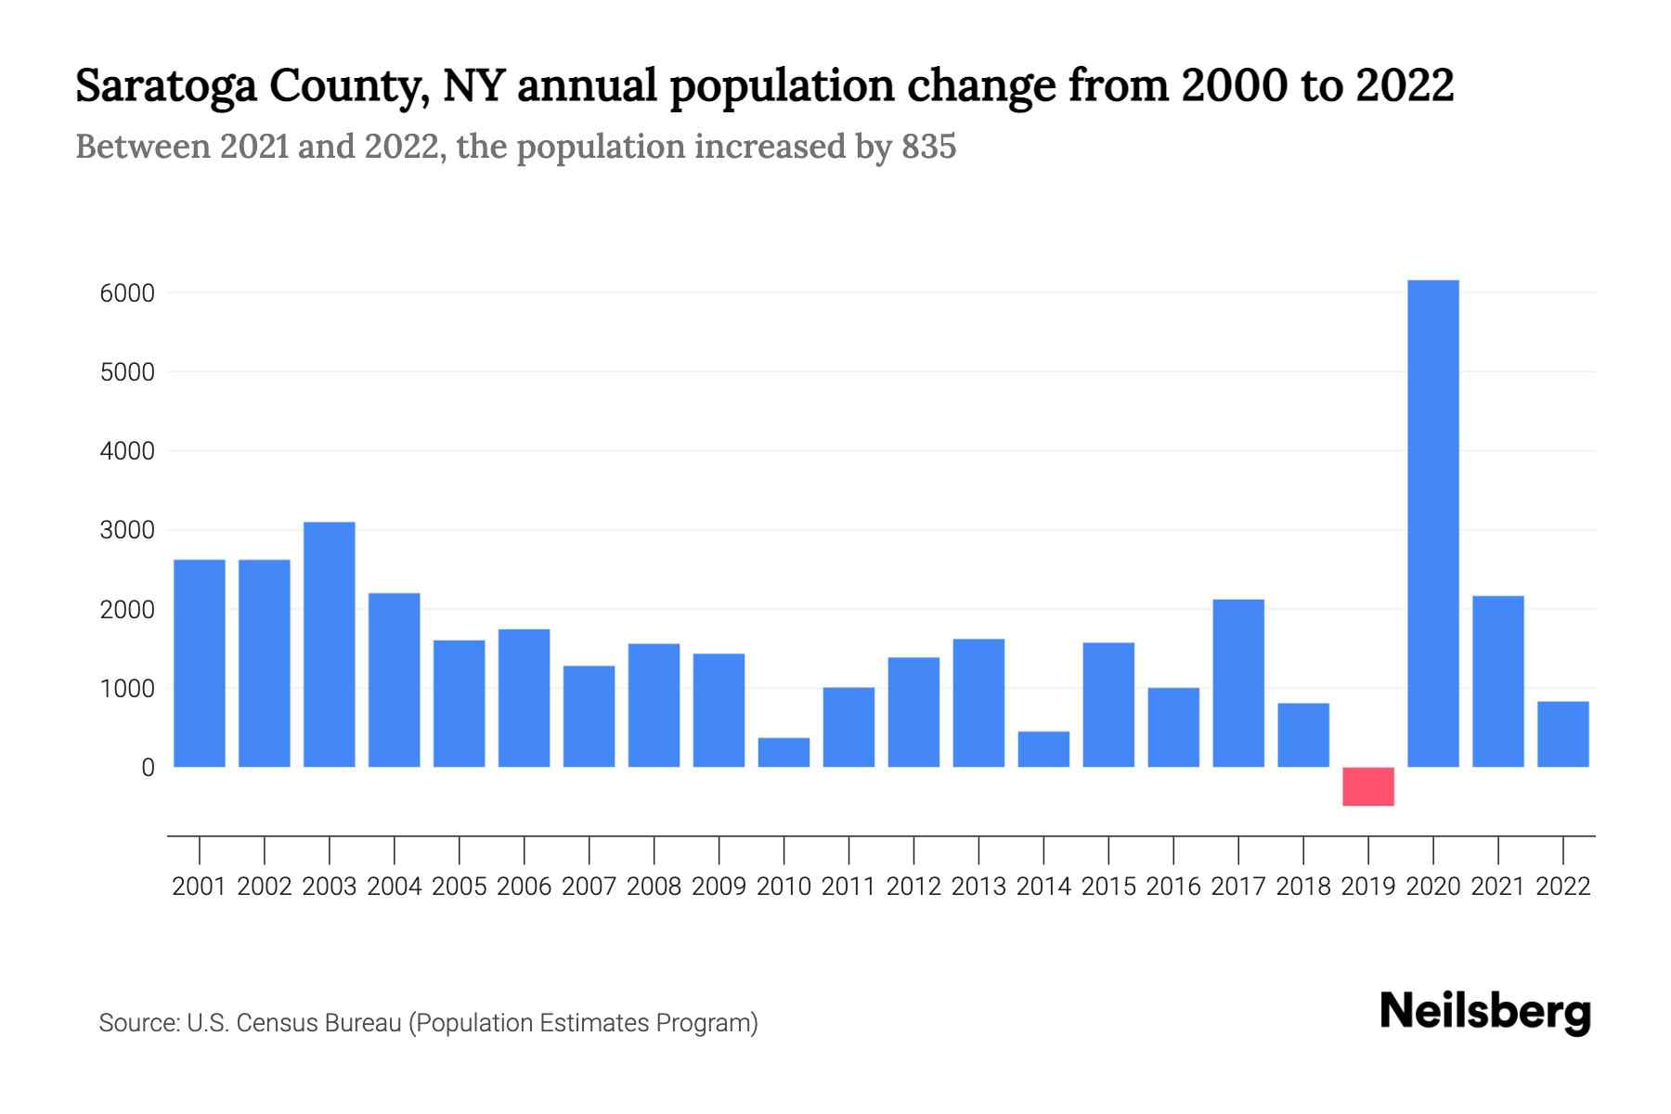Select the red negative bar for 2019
pyautogui.click(x=1368, y=786)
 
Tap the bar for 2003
pyautogui.click(x=330, y=644)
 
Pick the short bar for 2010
pyautogui.click(x=784, y=752)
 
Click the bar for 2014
pyautogui.click(x=1043, y=749)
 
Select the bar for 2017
pyautogui.click(x=1238, y=683)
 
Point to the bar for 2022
pyautogui.click(x=1563, y=733)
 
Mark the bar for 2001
pyautogui.click(x=200, y=663)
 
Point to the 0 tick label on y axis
pyautogui.click(x=148, y=768)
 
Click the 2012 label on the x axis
pyautogui.click(x=913, y=887)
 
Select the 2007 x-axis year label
pyautogui.click(x=589, y=887)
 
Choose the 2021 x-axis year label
pyautogui.click(x=1498, y=887)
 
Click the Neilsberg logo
pyautogui.click(x=1485, y=1012)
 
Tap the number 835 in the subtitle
pyautogui.click(x=928, y=147)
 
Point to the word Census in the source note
pyautogui.click(x=273, y=1023)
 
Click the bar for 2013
pyautogui.click(x=978, y=703)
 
